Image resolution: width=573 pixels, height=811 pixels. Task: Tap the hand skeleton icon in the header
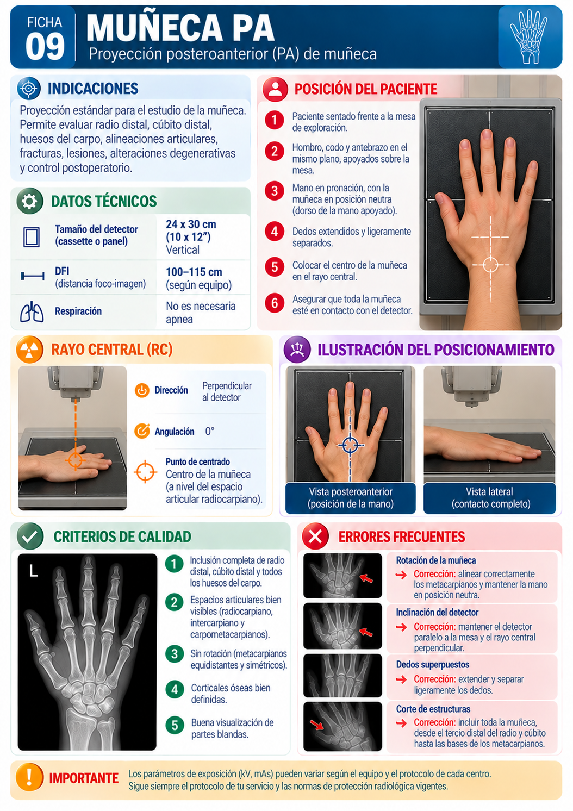(528, 36)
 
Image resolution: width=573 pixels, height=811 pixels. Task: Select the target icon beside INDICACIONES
(29, 89)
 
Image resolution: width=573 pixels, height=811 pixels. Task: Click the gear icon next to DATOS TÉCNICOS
(30, 201)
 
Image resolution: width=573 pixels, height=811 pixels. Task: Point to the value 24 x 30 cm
(191, 224)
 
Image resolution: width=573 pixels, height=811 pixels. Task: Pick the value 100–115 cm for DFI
(194, 272)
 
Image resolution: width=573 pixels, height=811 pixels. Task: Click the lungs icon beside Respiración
(32, 311)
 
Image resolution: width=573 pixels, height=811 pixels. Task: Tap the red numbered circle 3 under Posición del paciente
(274, 190)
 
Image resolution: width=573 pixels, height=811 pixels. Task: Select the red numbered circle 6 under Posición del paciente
(274, 303)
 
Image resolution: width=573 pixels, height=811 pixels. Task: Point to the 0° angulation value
(210, 431)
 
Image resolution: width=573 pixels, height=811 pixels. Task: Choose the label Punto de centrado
(198, 461)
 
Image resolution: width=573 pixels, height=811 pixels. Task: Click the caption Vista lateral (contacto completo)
(489, 498)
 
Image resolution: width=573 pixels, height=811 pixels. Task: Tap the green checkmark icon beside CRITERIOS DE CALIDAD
(30, 536)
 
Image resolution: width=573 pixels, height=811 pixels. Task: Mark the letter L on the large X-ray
(33, 571)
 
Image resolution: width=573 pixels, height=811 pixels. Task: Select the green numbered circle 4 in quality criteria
(175, 689)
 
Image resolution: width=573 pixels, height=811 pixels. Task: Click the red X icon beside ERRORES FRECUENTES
(315, 536)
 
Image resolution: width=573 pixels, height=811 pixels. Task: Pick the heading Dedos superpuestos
(432, 664)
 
